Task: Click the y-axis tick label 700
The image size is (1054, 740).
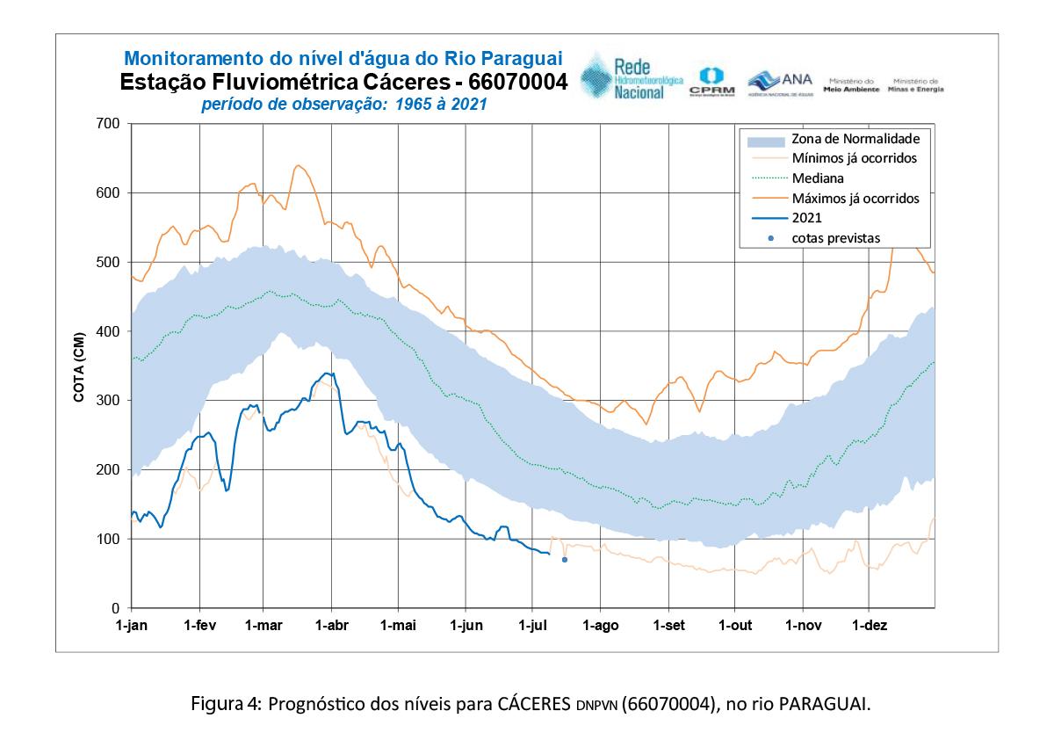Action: (x=106, y=123)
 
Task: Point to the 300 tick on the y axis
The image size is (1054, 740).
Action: (x=106, y=401)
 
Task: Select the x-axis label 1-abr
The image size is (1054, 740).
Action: (x=330, y=626)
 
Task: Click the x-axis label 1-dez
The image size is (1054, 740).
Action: (x=869, y=626)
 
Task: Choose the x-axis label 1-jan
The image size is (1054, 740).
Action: (x=132, y=626)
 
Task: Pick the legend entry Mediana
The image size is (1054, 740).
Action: (x=818, y=178)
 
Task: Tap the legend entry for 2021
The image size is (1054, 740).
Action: (x=807, y=218)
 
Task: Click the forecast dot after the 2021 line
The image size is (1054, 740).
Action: (x=565, y=560)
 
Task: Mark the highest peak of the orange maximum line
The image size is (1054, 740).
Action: (x=298, y=165)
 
